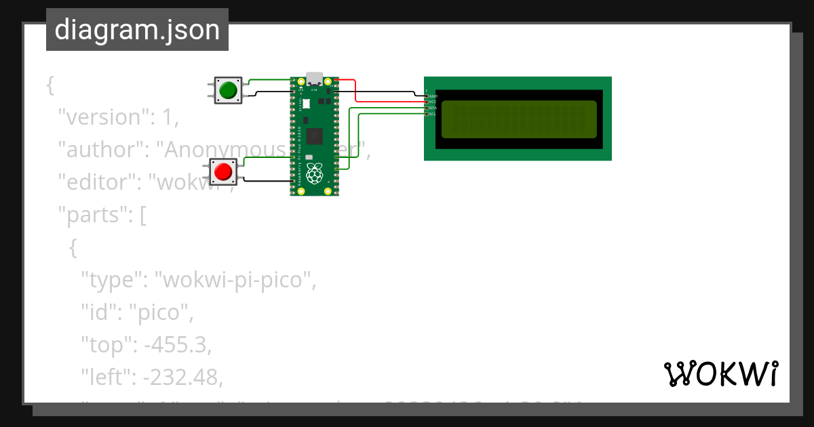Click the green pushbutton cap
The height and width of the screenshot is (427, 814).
pyautogui.click(x=229, y=89)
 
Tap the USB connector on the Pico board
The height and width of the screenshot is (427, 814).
pyautogui.click(x=314, y=79)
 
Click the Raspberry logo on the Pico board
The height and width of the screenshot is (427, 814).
pyautogui.click(x=314, y=174)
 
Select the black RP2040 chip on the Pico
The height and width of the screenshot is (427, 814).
pyautogui.click(x=314, y=136)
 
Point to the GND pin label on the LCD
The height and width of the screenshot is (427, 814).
pyautogui.click(x=433, y=96)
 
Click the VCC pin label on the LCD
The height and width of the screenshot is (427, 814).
pyautogui.click(x=433, y=102)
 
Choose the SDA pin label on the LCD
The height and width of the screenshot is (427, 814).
pyautogui.click(x=433, y=108)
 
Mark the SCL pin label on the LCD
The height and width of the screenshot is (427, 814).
pyautogui.click(x=433, y=114)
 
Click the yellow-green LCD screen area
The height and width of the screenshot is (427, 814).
pyautogui.click(x=519, y=119)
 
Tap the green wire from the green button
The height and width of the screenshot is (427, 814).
pyautogui.click(x=268, y=80)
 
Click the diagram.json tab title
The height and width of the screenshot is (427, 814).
pyautogui.click(x=137, y=30)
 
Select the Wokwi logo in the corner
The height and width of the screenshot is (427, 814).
pyautogui.click(x=720, y=374)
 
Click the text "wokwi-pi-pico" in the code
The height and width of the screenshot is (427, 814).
pyautogui.click(x=235, y=279)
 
